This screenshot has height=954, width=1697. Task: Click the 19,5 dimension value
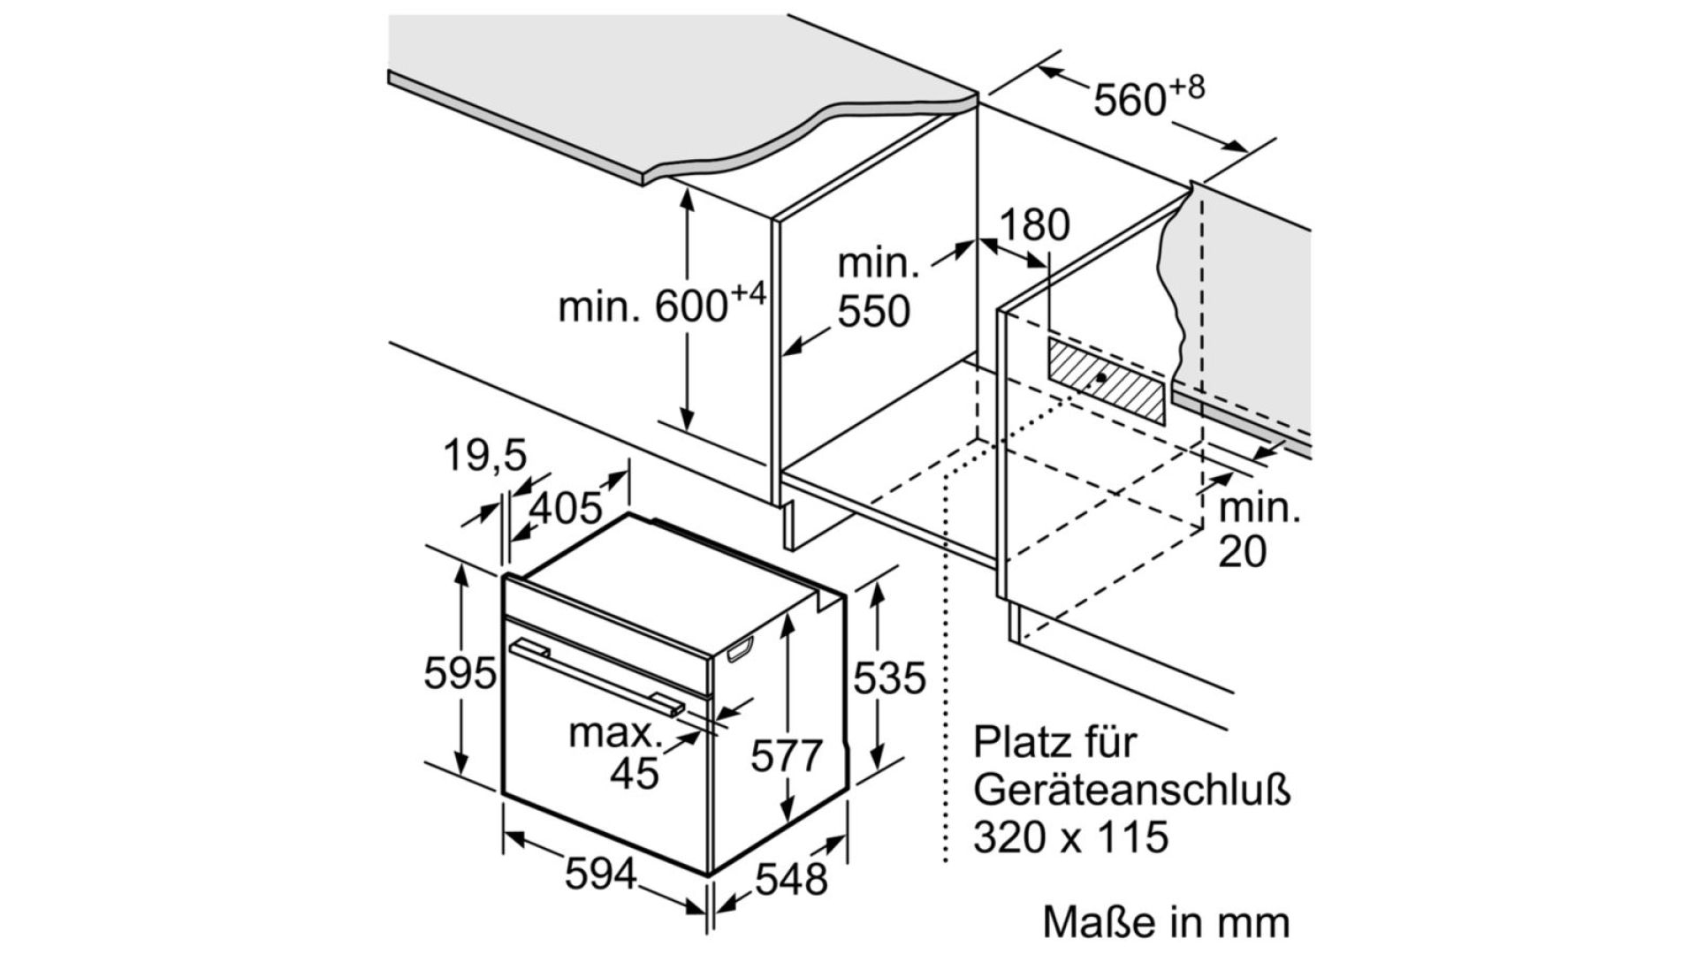click(x=484, y=456)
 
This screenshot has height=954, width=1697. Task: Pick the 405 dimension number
click(x=566, y=508)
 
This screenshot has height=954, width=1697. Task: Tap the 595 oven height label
click(x=460, y=674)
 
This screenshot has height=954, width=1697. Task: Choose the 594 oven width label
click(x=601, y=874)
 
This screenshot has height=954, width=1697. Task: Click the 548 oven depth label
click(x=792, y=879)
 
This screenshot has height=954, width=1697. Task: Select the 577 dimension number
click(x=787, y=756)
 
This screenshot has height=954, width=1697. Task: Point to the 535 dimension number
click(x=889, y=678)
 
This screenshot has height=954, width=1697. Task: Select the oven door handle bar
click(x=597, y=676)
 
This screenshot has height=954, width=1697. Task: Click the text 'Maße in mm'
click(x=1166, y=921)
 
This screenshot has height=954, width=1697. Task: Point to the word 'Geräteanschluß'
click(x=1132, y=789)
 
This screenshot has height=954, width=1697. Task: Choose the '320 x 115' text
click(x=1070, y=836)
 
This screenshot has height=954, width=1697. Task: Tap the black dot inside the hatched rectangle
click(x=1100, y=377)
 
